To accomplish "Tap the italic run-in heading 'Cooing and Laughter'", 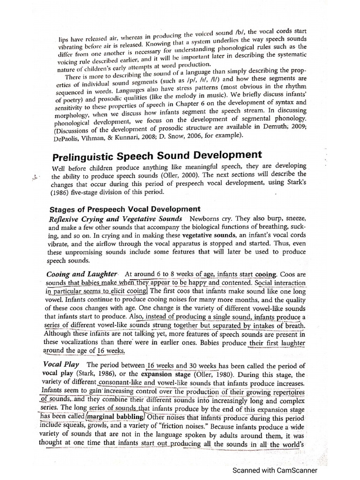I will click(x=82, y=274).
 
